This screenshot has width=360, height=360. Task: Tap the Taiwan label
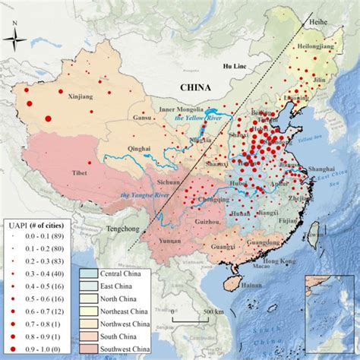[311, 236]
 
